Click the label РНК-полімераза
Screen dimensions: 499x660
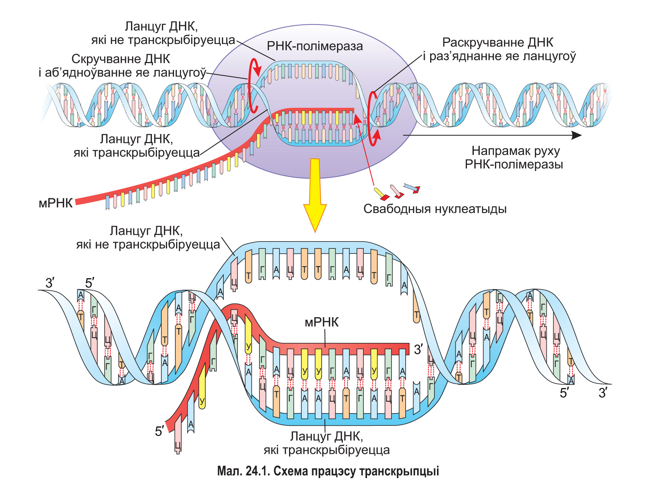[x=314, y=46]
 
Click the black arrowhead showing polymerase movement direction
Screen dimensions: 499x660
[x=576, y=135]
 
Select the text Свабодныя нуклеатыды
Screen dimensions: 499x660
[x=435, y=209]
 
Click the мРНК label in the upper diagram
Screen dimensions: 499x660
[x=56, y=203]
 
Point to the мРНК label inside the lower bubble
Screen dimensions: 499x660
[x=322, y=322]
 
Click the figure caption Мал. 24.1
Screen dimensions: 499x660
[x=328, y=471]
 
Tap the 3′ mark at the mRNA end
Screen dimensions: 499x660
[x=418, y=349]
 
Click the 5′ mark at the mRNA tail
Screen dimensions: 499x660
[x=159, y=431]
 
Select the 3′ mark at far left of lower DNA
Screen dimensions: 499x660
[x=50, y=283]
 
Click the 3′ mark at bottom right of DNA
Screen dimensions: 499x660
[x=603, y=393]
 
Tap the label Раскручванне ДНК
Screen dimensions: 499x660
[x=498, y=43]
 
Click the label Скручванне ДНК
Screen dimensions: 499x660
[x=121, y=59]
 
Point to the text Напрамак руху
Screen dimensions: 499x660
[x=516, y=151]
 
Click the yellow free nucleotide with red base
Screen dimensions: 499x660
[x=381, y=194]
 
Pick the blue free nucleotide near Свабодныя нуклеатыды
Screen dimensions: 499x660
[x=412, y=187]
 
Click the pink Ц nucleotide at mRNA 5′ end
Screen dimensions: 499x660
[x=178, y=438]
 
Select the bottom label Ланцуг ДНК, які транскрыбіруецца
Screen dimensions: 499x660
[x=327, y=443]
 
